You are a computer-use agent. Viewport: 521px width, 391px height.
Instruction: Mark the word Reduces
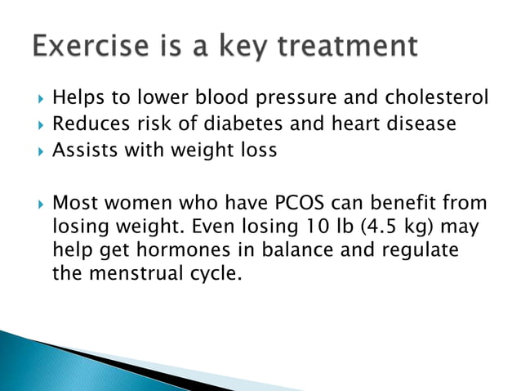coord(86,124)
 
